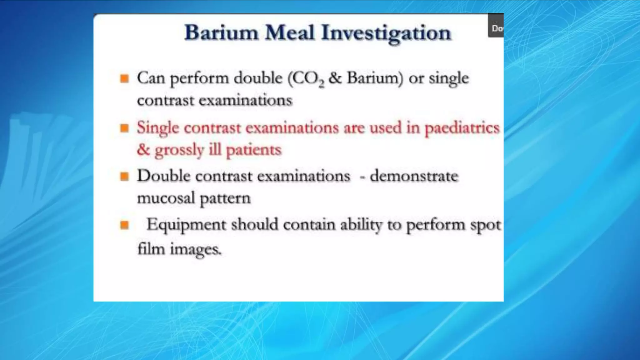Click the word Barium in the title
[221, 33]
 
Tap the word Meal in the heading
[289, 33]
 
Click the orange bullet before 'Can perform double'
[124, 78]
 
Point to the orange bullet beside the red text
[124, 128]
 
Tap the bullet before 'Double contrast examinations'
[124, 177]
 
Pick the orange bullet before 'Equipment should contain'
[124, 225]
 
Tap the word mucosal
[166, 198]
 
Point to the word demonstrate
[414, 176]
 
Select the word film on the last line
[151, 249]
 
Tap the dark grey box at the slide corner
[496, 25]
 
